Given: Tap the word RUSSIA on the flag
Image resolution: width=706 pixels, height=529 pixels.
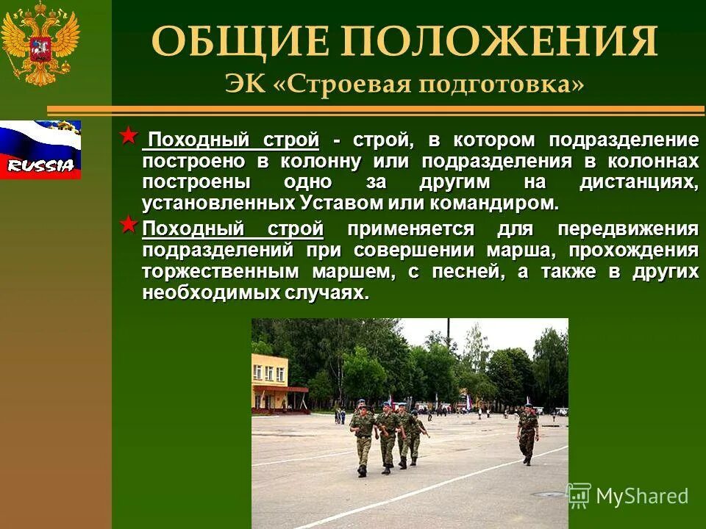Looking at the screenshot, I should coord(40,165).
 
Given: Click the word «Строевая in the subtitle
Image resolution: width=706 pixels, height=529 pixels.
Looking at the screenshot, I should coord(342,83).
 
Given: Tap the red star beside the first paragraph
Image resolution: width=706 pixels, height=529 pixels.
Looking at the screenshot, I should coord(129,136).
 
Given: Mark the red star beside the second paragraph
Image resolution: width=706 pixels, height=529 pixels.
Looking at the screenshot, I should coord(129,224).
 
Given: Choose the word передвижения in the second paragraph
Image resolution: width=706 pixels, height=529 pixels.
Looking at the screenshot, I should coord(627,229).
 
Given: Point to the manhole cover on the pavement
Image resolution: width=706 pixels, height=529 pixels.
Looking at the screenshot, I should coord(548,494).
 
